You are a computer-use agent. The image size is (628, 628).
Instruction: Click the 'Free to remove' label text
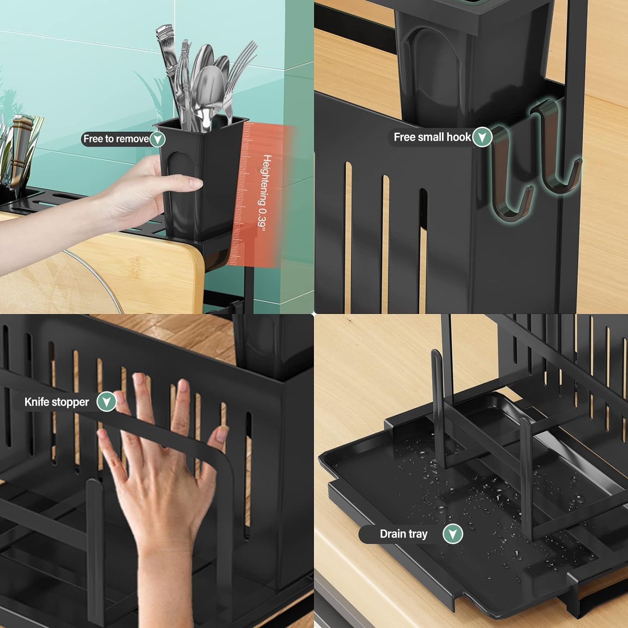pos(116,139)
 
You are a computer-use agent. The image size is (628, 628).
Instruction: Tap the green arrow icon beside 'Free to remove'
pos(157,139)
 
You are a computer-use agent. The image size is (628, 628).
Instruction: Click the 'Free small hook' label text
pos(432,137)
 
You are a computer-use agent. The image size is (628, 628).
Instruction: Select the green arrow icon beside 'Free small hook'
pos(482,137)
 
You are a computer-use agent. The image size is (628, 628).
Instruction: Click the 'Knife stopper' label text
pos(57,402)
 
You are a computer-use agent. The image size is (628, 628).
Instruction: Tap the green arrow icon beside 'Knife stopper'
pos(106,402)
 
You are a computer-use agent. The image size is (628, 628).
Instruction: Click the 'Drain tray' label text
pos(403,534)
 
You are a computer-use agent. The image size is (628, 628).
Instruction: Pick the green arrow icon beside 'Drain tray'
pos(453,534)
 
